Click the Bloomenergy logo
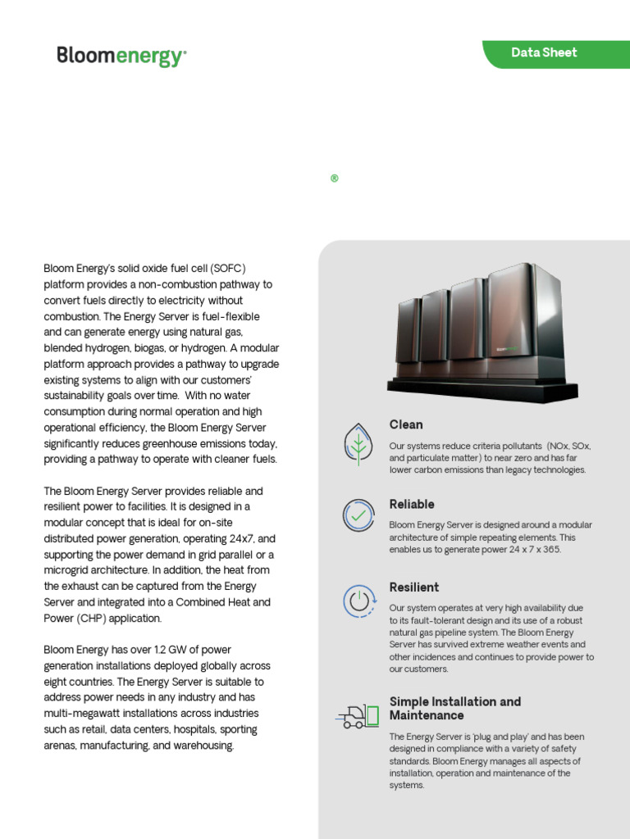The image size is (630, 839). pyautogui.click(x=121, y=57)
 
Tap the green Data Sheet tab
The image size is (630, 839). pyautogui.click(x=544, y=52)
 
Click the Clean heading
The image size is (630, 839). pyautogui.click(x=406, y=424)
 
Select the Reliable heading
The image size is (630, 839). pyautogui.click(x=412, y=504)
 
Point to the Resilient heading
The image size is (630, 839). pyautogui.click(x=413, y=587)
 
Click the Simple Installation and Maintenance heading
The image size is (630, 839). pyautogui.click(x=454, y=709)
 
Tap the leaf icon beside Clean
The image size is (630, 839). pyautogui.click(x=358, y=443)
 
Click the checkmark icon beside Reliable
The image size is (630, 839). pyautogui.click(x=358, y=515)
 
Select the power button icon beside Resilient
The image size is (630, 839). pyautogui.click(x=358, y=601)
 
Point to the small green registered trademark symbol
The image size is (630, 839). pyautogui.click(x=335, y=179)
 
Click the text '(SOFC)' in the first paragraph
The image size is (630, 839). pyautogui.click(x=228, y=269)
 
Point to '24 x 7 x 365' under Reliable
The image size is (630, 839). pyautogui.click(x=532, y=549)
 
